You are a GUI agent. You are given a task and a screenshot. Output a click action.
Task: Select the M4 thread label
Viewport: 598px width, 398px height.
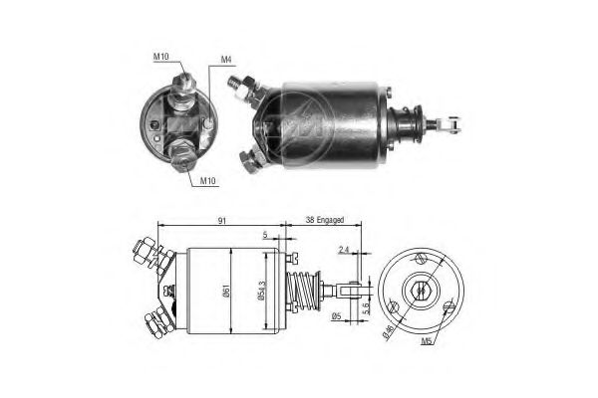[227, 61]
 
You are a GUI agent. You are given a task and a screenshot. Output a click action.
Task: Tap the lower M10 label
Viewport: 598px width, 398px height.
[208, 181]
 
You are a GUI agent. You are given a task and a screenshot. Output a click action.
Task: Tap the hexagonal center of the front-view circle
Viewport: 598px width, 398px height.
[421, 292]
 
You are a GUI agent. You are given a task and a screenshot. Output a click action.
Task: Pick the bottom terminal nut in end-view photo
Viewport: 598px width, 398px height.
[182, 152]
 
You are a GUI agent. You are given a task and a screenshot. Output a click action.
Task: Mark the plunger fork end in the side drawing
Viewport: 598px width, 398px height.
[345, 292]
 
